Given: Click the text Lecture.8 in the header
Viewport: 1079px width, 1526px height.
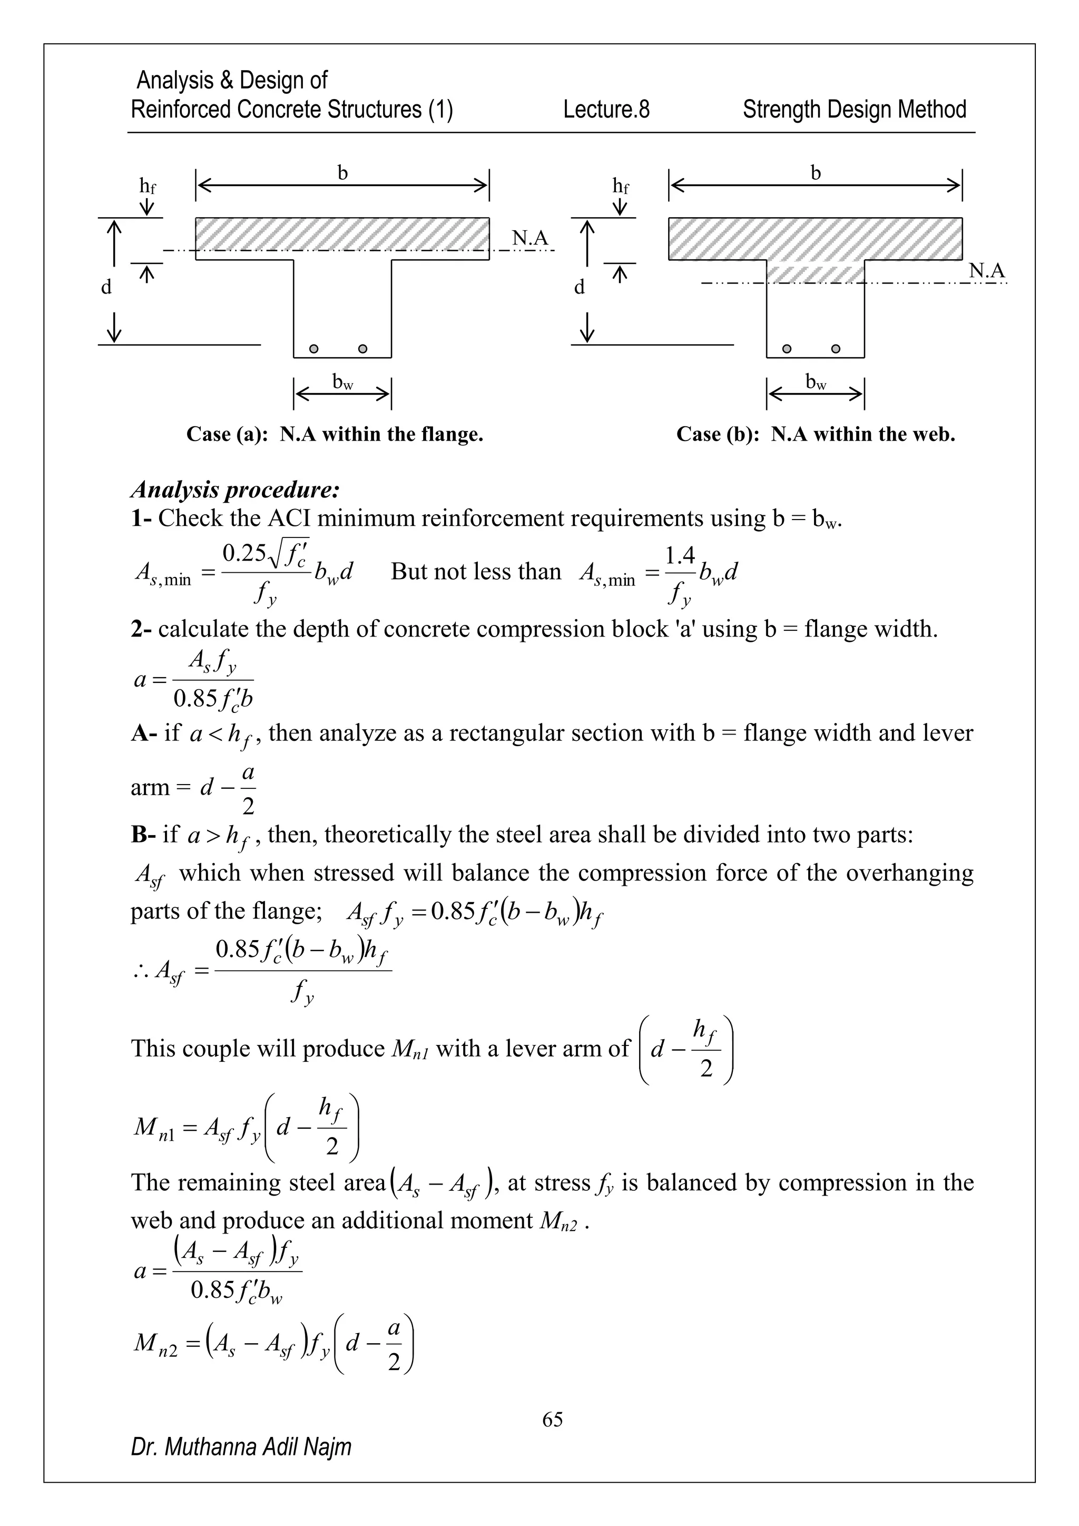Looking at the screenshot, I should [606, 109].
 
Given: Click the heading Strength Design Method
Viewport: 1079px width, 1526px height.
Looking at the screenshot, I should [854, 109].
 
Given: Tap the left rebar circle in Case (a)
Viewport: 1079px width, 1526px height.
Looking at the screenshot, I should [314, 349].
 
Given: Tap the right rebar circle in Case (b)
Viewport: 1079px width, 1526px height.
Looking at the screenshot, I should [836, 349].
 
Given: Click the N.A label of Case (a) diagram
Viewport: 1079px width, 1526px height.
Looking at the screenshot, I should [530, 238].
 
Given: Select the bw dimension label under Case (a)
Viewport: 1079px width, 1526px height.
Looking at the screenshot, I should [342, 381].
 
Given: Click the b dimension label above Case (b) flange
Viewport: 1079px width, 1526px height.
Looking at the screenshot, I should [815, 173].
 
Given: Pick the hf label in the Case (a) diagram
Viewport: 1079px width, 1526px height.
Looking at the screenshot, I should [148, 186].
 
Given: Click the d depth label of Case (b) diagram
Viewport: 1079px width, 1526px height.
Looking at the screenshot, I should [580, 287].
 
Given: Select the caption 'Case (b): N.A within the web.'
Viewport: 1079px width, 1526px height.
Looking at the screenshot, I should [815, 434].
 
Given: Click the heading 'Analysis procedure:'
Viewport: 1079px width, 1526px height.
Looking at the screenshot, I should [235, 490].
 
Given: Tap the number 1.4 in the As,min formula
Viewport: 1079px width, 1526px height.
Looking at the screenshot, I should [680, 554].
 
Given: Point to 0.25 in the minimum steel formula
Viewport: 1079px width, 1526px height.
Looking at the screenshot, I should [244, 553].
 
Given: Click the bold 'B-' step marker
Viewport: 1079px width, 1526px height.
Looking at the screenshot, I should [143, 834].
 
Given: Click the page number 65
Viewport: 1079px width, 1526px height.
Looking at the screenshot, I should [552, 1419].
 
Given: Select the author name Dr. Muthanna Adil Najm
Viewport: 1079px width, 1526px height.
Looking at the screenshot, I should [241, 1446].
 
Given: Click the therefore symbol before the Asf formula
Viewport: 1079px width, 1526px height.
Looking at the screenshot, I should [140, 971].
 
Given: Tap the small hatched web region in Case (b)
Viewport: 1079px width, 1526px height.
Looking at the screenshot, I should [815, 271].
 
